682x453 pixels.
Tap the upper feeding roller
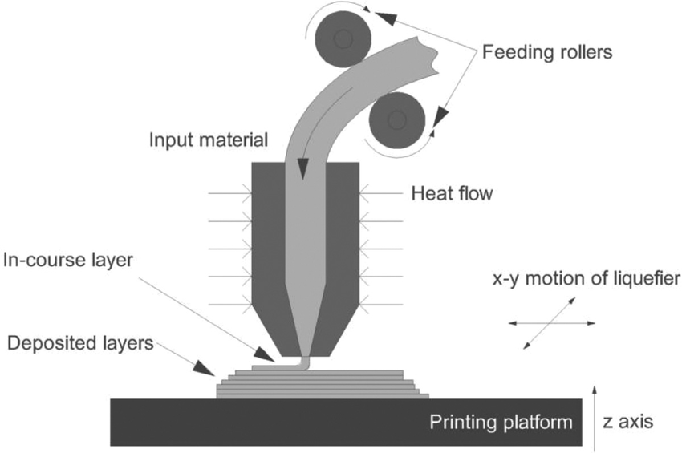pyautogui.click(x=343, y=38)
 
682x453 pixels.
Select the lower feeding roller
pyautogui.click(x=396, y=119)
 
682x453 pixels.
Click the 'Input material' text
pyautogui.click(x=208, y=141)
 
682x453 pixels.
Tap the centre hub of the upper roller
pyautogui.click(x=343, y=38)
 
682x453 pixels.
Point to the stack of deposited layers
pyautogui.click(x=321, y=384)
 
